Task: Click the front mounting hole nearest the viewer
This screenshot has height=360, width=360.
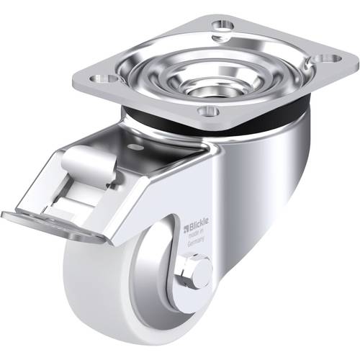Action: (x=208, y=111)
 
